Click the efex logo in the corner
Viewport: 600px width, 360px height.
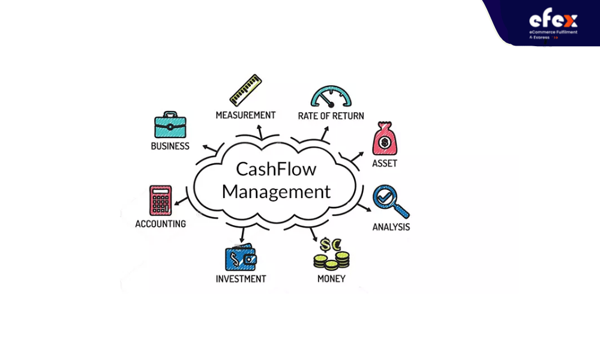(x=553, y=23)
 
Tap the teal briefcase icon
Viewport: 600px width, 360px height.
(x=170, y=125)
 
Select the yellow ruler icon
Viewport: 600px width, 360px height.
(x=245, y=90)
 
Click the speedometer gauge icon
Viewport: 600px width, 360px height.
(x=331, y=97)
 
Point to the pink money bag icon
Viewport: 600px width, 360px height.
(x=385, y=139)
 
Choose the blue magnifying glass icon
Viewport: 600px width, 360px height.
(x=391, y=202)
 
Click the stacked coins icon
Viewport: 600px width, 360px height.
(x=331, y=254)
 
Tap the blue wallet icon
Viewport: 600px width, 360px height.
(x=241, y=257)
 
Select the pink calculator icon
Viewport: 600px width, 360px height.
(x=160, y=200)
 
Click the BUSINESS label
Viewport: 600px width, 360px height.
(x=170, y=146)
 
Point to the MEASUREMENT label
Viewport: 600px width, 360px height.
(x=245, y=115)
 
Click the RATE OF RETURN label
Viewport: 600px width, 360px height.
(x=331, y=116)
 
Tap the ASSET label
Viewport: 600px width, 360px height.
(x=385, y=163)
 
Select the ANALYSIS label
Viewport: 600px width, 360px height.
(x=391, y=227)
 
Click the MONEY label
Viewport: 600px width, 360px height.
(x=331, y=278)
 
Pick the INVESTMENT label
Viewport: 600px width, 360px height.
(x=241, y=279)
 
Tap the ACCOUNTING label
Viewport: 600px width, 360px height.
(x=160, y=224)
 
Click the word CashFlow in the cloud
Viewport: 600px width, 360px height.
(x=276, y=169)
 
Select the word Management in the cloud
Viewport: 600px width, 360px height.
(x=276, y=191)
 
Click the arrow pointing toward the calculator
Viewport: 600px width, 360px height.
(x=181, y=201)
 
